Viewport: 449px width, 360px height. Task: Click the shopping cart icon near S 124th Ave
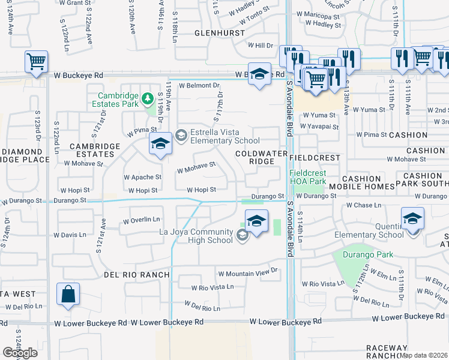(36, 61)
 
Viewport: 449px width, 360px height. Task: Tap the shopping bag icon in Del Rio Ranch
(68, 294)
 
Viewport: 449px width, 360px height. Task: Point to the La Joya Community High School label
(196, 236)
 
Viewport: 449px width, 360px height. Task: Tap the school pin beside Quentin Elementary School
(412, 218)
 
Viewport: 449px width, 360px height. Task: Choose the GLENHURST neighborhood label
(220, 33)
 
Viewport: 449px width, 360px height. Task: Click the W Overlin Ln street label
(142, 220)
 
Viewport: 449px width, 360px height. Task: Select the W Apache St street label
(142, 178)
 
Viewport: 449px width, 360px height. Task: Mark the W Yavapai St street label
(321, 127)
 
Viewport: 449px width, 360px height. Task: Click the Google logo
(20, 353)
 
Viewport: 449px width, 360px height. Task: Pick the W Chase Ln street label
(364, 205)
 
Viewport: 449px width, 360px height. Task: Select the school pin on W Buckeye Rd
(259, 74)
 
